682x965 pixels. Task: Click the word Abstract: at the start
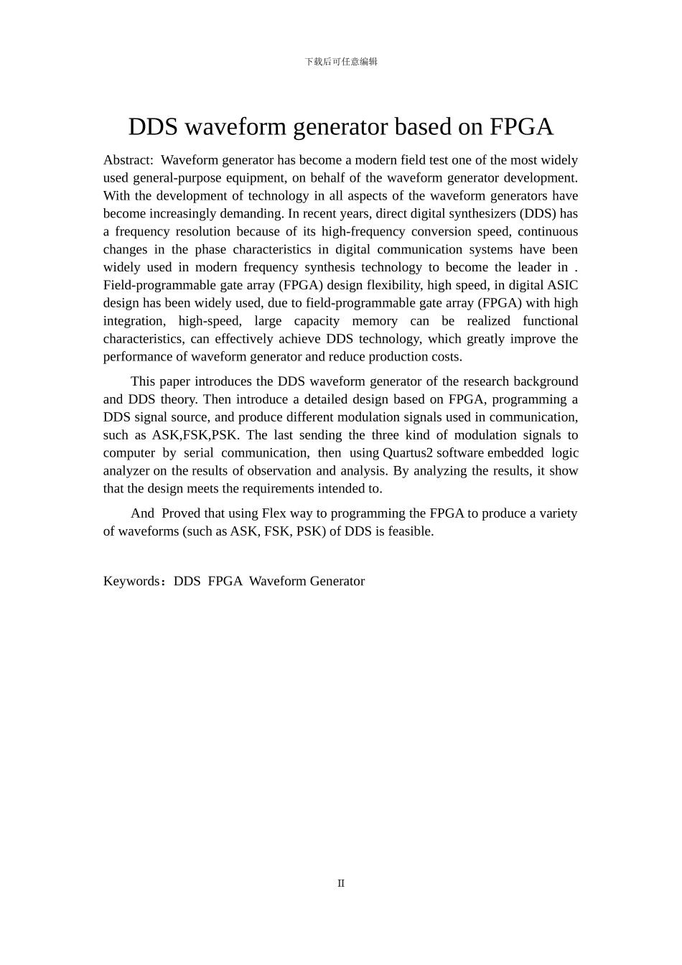coord(128,160)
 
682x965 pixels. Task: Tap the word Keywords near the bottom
coord(131,582)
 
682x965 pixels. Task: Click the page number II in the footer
coord(341,883)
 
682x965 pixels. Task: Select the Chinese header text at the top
coord(341,62)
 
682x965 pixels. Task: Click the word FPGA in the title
coord(521,127)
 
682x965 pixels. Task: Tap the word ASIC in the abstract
coord(562,286)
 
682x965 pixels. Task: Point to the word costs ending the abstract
coord(444,357)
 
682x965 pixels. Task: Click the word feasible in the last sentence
coord(410,531)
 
